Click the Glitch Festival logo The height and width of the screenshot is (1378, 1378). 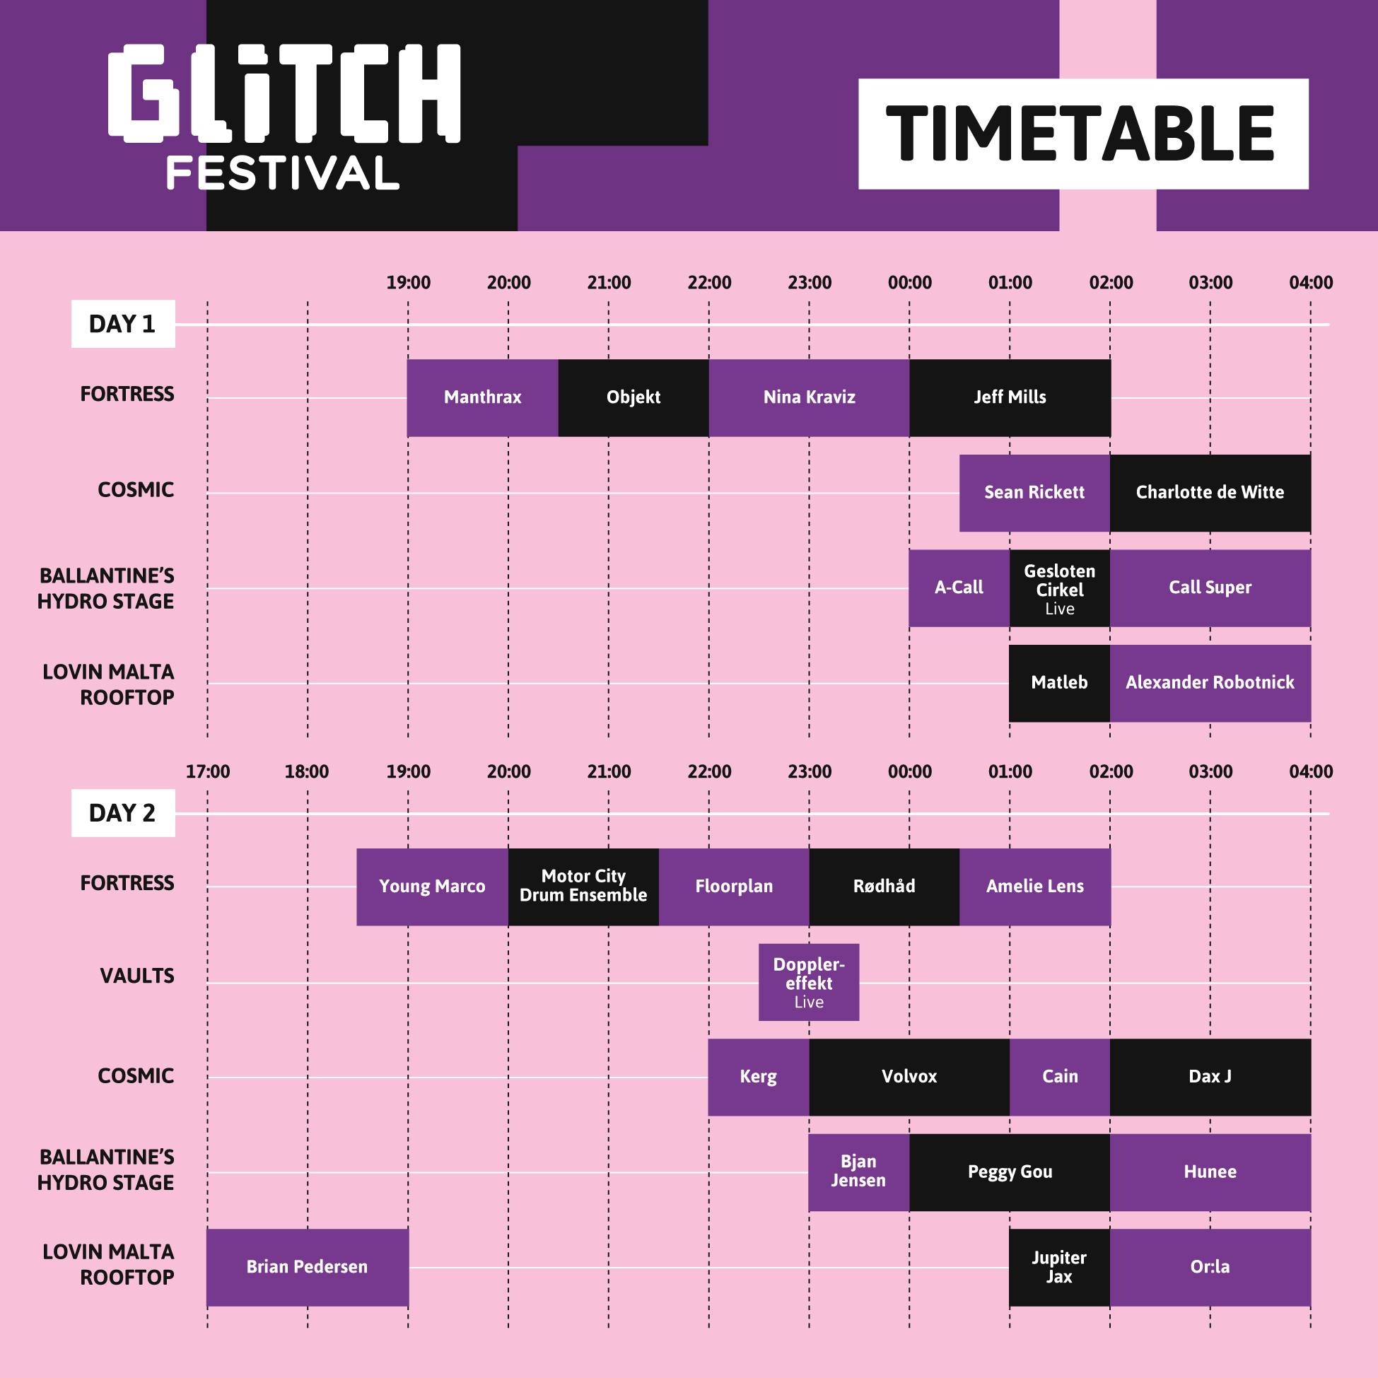click(285, 117)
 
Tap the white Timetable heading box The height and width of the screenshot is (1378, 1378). click(1082, 134)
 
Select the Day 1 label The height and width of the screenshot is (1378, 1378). click(123, 324)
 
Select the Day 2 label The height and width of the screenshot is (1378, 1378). click(123, 812)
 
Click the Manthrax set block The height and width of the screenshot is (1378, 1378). click(483, 397)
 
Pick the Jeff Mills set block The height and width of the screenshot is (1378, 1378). click(1010, 397)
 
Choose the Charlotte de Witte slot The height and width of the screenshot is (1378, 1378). click(1210, 493)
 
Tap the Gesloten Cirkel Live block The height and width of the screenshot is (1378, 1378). click(1060, 588)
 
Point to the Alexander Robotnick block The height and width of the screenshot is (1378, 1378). click(1210, 683)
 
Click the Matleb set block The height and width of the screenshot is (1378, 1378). click(1060, 683)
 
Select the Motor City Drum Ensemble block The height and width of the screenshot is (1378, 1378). click(583, 887)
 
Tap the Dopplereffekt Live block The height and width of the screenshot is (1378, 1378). click(809, 982)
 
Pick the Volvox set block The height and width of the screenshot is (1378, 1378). click(909, 1077)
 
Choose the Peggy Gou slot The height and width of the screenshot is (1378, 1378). click(1010, 1172)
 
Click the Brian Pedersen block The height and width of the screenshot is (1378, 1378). click(308, 1268)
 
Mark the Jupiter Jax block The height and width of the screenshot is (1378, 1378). click(1060, 1268)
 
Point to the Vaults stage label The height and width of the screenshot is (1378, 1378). click(137, 976)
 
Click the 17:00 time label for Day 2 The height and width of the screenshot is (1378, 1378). click(208, 772)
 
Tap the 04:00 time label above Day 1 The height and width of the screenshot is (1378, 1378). click(1311, 283)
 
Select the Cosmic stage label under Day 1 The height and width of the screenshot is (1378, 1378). click(136, 490)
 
